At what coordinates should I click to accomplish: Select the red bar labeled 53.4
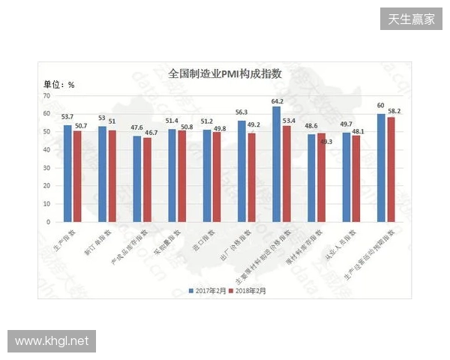click(286, 174)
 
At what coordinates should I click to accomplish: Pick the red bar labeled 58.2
click(391, 169)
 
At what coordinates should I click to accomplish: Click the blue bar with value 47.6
click(137, 178)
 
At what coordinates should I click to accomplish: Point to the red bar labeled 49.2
click(251, 178)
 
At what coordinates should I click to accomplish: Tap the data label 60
click(381, 106)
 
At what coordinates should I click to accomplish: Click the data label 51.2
click(207, 121)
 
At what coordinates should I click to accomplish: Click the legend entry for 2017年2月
click(208, 289)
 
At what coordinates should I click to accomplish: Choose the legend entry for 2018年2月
click(249, 289)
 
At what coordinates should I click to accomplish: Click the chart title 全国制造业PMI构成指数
click(224, 73)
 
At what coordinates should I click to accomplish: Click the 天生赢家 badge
click(411, 19)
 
